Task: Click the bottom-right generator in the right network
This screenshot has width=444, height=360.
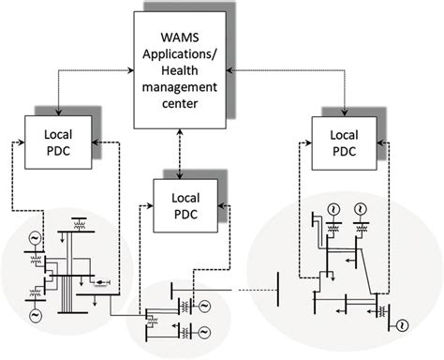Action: [402, 325]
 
